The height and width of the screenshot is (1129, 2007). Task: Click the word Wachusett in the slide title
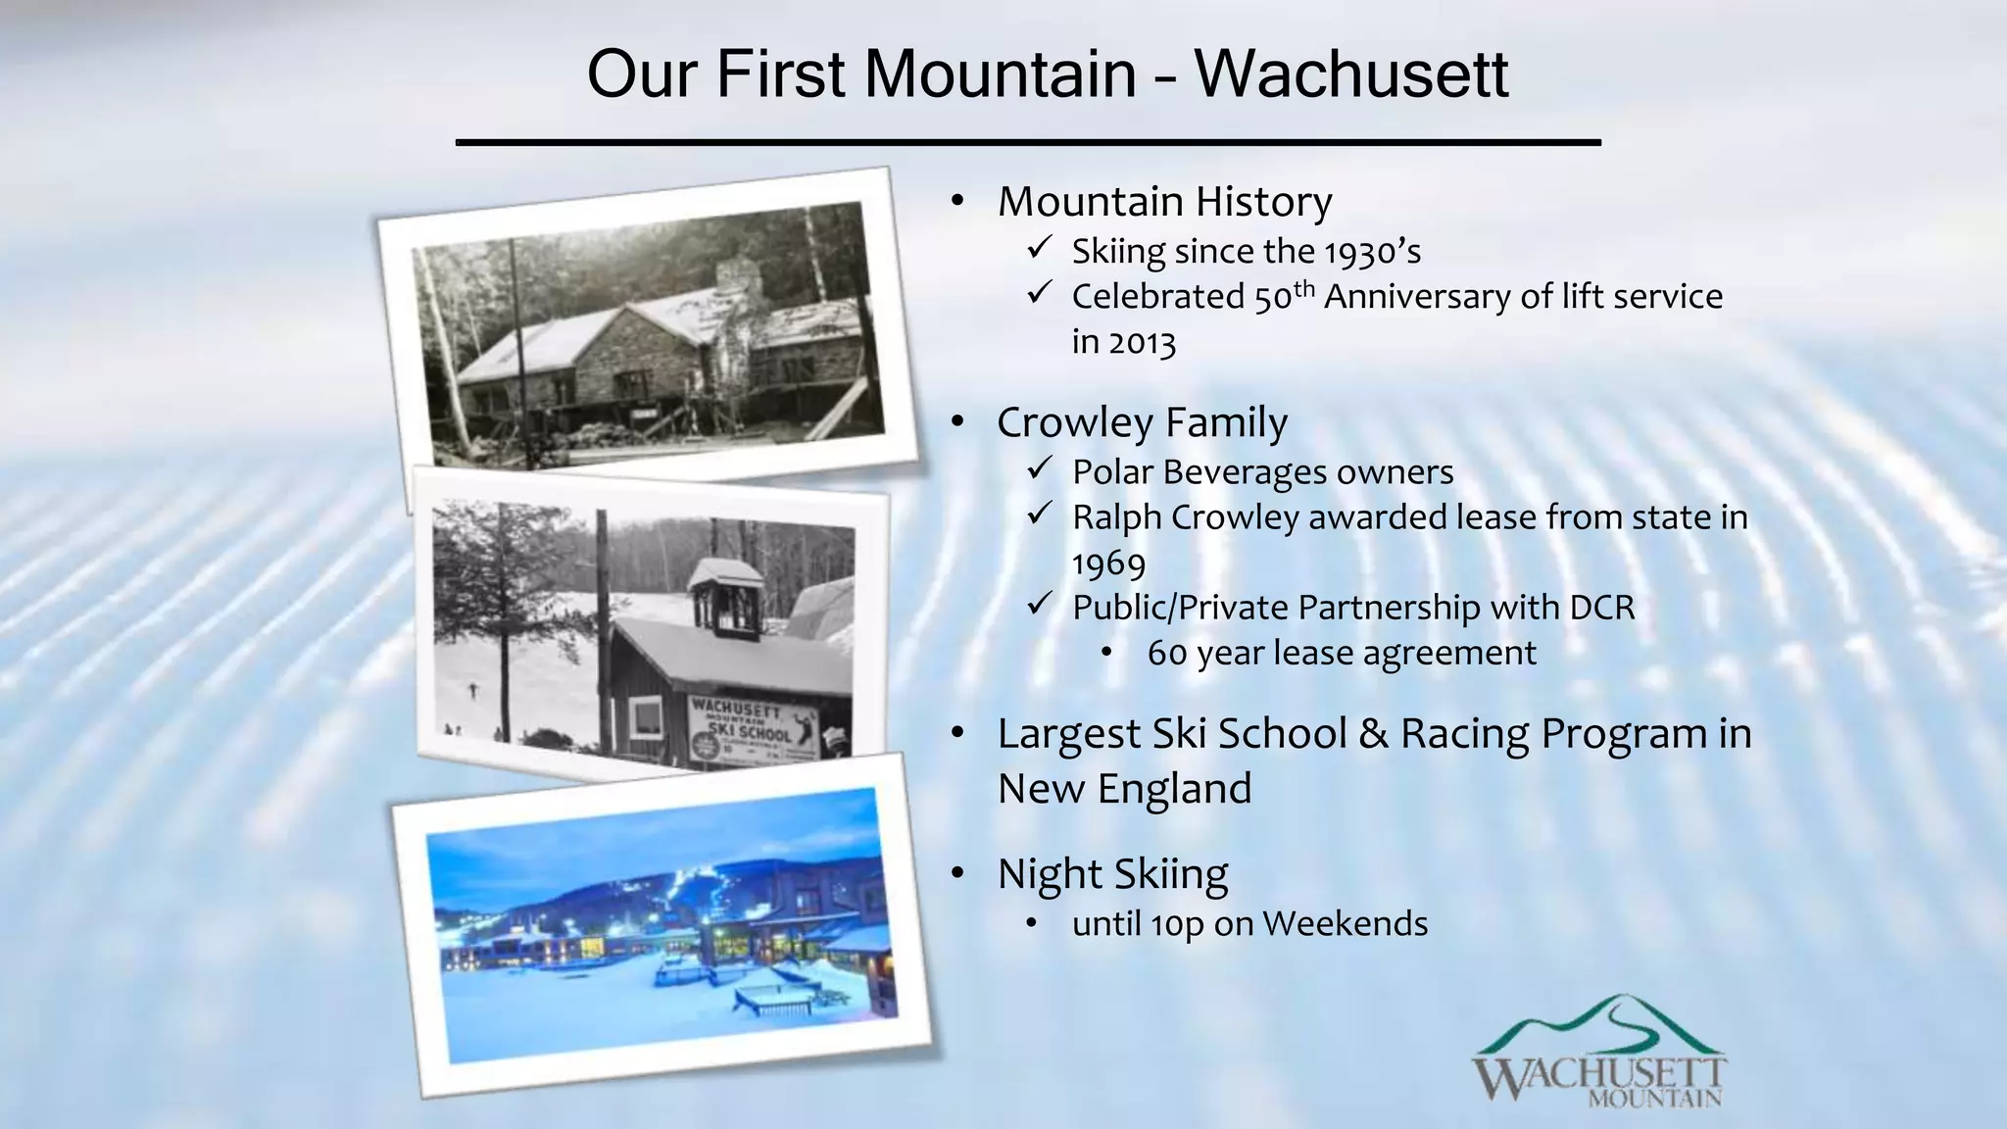tap(1350, 74)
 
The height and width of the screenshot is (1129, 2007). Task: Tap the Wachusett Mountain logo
tap(1598, 1053)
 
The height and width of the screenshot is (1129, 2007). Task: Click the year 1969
tap(1108, 564)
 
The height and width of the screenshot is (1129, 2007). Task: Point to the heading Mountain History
tap(1164, 202)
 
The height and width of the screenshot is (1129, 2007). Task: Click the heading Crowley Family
tap(1142, 422)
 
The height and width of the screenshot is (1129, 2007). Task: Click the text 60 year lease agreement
tap(1341, 654)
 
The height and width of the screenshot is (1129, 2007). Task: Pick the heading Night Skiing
tap(1112, 873)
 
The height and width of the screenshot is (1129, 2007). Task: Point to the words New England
tap(1124, 789)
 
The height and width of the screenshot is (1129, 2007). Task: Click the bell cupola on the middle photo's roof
tap(725, 597)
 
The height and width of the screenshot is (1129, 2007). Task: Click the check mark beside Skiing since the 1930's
tap(1039, 248)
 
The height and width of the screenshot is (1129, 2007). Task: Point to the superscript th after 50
tap(1303, 287)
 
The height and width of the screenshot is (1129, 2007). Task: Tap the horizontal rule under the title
tap(1028, 143)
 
